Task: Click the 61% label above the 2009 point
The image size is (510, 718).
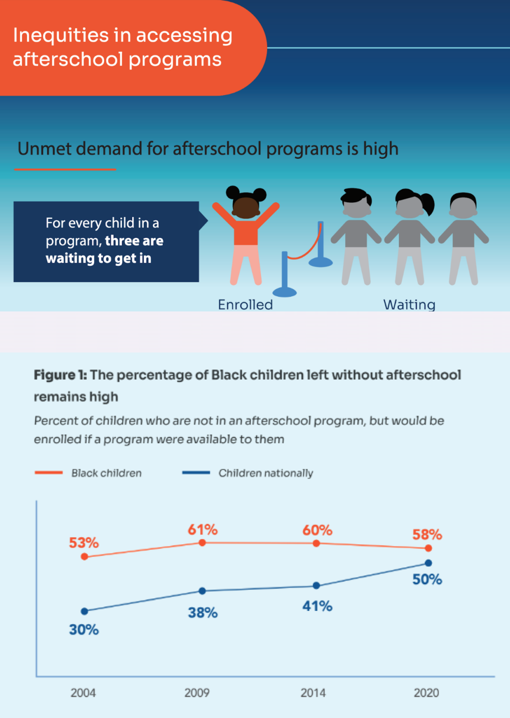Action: point(202,530)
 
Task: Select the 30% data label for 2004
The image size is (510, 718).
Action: point(84,629)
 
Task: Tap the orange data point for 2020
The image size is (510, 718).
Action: point(428,548)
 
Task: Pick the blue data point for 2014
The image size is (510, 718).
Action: point(316,585)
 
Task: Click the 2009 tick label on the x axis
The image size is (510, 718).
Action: point(197,693)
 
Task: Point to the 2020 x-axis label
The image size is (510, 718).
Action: point(426,693)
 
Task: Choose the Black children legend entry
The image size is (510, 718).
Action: point(106,473)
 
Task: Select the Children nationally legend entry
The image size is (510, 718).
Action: point(266,473)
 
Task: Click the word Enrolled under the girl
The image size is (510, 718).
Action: point(245,304)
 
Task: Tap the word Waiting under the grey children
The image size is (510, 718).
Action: point(409,304)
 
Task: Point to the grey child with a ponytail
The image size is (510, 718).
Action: point(410,235)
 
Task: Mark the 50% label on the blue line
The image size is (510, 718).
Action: point(427,580)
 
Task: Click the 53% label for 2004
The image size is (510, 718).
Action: point(84,543)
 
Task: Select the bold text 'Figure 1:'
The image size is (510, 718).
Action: point(60,375)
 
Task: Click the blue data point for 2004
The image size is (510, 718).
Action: point(85,611)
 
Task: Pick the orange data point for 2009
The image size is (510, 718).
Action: point(202,543)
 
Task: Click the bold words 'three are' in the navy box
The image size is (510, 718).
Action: point(134,241)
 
